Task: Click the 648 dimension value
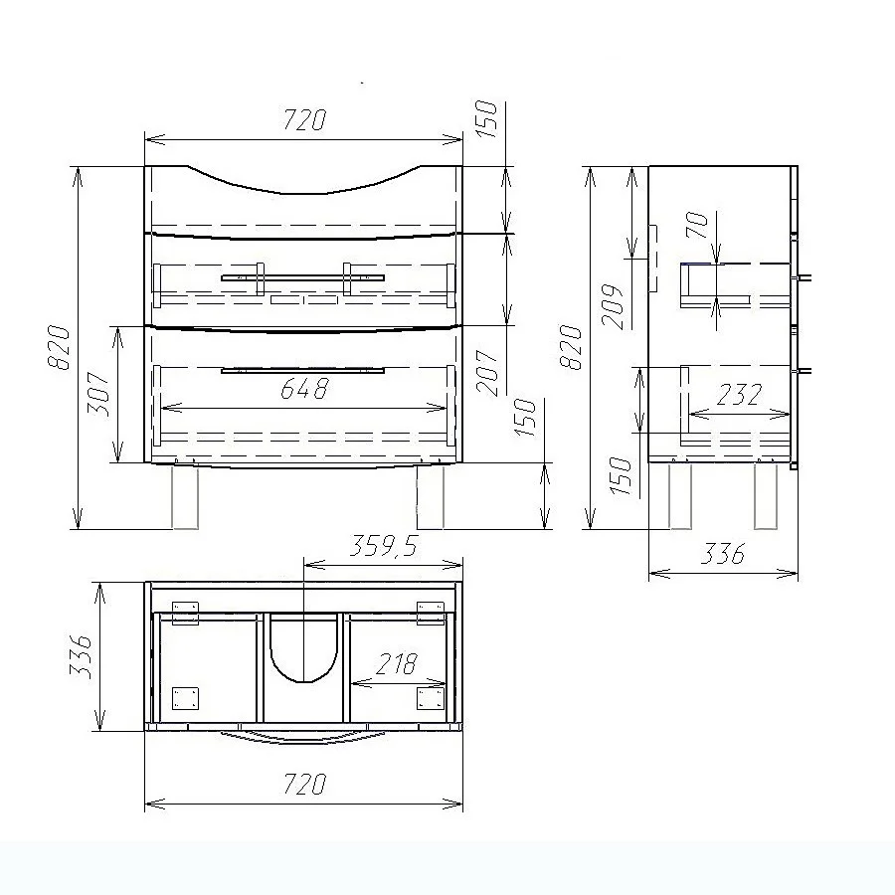coord(305,389)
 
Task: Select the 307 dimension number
coord(98,394)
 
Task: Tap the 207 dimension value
coord(487,373)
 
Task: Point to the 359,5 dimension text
coord(384,546)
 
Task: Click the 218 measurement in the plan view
coord(397,664)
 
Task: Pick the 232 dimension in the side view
coord(739,395)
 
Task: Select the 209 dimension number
coord(613,306)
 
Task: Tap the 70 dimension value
coord(697,225)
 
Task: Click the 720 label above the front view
coord(305,120)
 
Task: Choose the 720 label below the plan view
coord(305,784)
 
